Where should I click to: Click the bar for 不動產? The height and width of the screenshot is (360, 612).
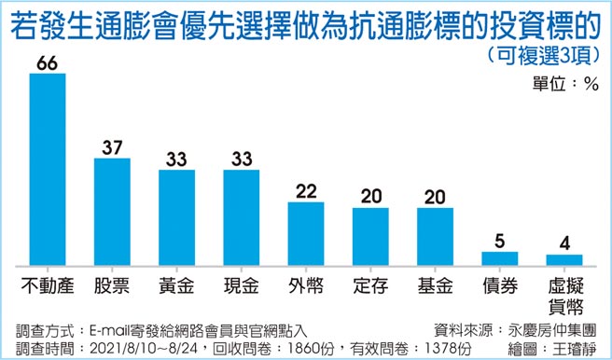(48, 168)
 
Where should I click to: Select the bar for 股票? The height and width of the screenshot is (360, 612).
(112, 211)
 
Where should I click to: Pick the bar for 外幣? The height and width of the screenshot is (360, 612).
(306, 231)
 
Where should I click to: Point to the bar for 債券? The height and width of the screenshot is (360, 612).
(499, 256)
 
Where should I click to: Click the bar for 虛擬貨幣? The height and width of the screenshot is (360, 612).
(563, 258)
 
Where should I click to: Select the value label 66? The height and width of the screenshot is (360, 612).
(48, 62)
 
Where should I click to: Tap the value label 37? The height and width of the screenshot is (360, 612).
(112, 147)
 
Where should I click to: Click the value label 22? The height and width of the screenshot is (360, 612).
(306, 190)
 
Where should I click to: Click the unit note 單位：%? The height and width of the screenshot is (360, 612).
(564, 82)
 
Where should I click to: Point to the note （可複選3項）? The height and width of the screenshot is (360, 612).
(541, 54)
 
